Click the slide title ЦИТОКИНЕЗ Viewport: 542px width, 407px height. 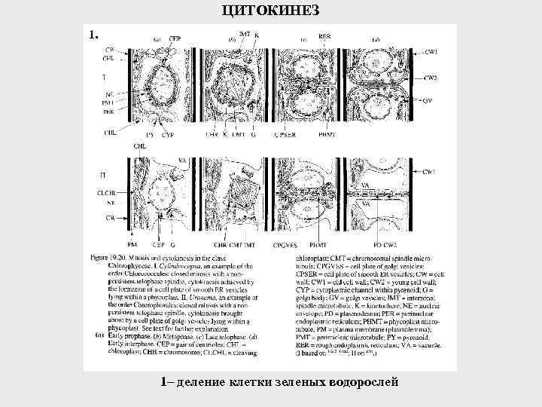pos(272,9)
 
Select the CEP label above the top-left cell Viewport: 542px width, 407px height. pos(175,38)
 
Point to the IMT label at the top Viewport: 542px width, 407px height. pos(245,34)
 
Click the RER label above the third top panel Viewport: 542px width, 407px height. pos(324,35)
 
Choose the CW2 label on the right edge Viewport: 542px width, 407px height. pos(431,78)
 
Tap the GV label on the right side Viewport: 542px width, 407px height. pos(427,99)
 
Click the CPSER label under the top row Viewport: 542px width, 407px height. pos(285,135)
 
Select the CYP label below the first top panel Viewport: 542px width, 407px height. pos(166,135)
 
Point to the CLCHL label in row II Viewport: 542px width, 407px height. pos(105,193)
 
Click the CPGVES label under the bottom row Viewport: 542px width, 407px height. pos(285,245)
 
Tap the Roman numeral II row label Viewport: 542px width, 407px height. pos(102,175)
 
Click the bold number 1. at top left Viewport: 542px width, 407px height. pos(93,34)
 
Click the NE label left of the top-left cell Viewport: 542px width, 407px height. pos(109,94)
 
